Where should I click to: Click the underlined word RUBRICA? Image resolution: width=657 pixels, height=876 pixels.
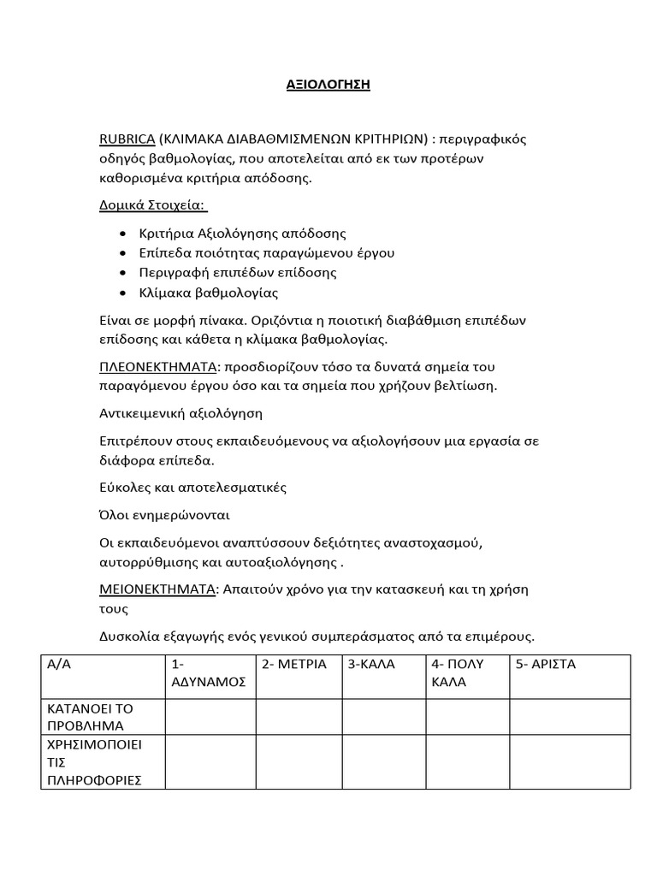pyautogui.click(x=127, y=139)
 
